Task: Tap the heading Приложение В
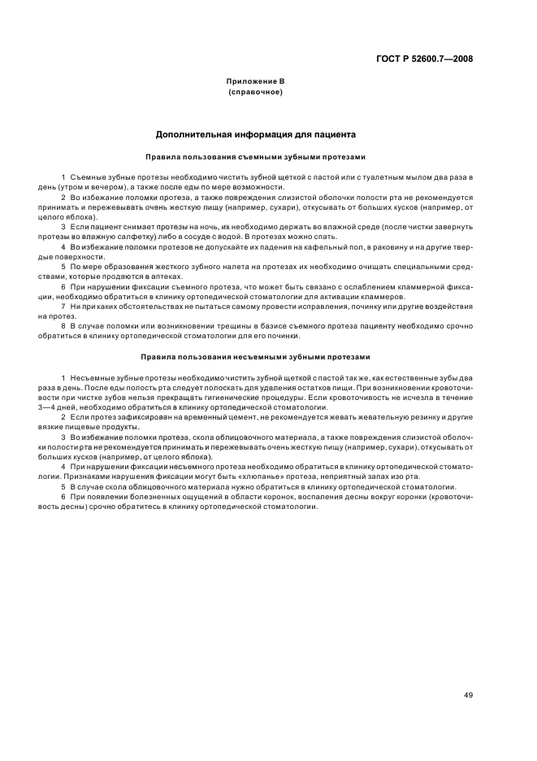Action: [255, 81]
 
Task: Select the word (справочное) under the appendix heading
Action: [255, 92]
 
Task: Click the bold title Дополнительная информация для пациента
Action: [255, 135]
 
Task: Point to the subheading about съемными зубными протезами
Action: [255, 156]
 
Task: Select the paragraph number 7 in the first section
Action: [63, 307]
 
